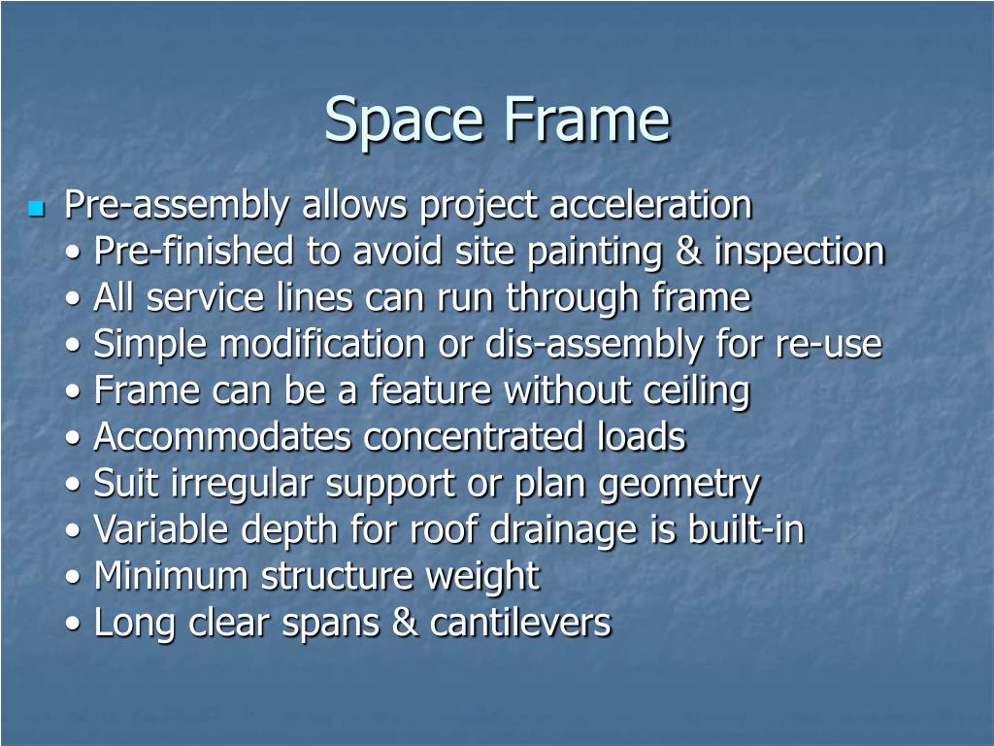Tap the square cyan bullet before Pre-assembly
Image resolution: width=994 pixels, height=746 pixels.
[37, 208]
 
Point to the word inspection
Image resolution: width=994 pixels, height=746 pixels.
[799, 253]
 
